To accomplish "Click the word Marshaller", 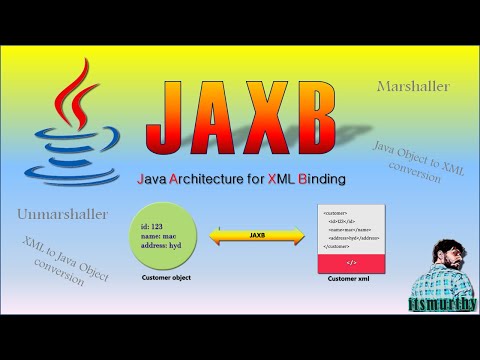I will tap(413, 87).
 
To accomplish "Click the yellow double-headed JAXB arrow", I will tap(257, 236).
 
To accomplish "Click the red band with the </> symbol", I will tap(349, 261).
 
